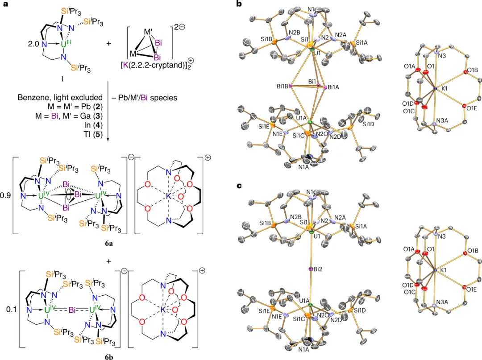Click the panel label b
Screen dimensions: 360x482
coord(239,4)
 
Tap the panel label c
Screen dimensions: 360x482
coord(239,185)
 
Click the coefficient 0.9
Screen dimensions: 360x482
coord(8,195)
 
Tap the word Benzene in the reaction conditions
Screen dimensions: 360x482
coord(33,97)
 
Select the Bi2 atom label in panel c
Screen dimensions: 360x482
coord(318,269)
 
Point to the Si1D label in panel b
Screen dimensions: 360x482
coord(369,124)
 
